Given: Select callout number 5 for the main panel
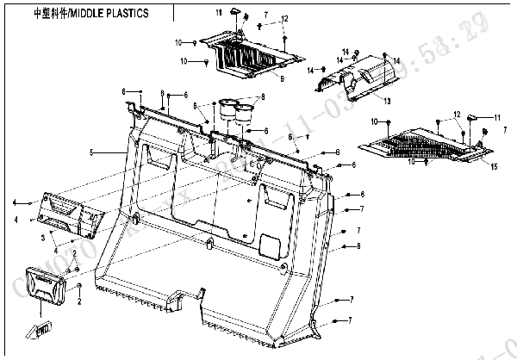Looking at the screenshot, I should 90,153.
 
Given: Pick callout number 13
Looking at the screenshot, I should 387,102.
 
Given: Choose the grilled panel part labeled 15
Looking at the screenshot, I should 422,143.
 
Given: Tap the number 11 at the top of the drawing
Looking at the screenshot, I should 219,12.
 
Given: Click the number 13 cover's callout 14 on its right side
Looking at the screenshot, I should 396,60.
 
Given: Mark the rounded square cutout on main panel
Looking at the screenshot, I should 271,246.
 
